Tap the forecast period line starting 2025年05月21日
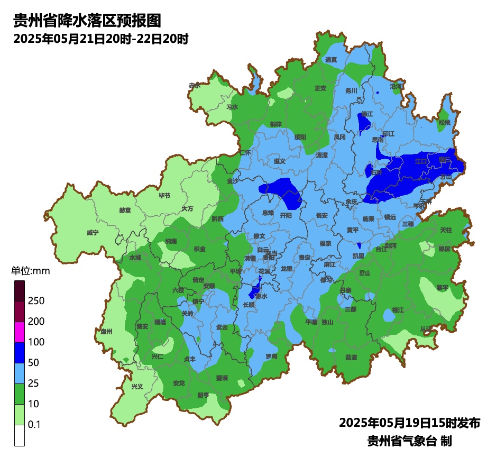101,39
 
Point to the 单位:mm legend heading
30,271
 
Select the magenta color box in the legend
20,332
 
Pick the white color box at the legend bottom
20,435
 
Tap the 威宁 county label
93,233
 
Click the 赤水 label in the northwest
195,85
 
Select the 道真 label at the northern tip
332,60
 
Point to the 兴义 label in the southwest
137,387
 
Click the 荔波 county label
351,357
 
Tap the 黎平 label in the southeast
442,287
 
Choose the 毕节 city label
164,195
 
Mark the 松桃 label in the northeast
444,122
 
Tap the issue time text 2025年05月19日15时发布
409,423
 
